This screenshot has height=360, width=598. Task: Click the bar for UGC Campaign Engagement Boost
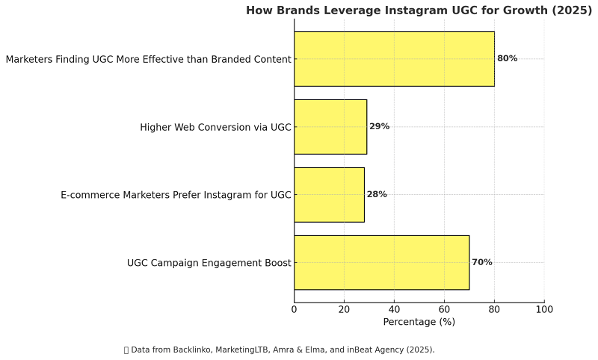tap(381, 262)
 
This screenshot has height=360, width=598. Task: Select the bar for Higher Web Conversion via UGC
tap(330, 126)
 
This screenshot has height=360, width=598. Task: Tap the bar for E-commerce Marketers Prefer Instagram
tap(329, 194)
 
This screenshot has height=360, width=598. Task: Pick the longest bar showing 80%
tap(394, 58)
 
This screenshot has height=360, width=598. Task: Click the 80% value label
tap(507, 58)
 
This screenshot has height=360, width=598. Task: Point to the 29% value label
tap(379, 126)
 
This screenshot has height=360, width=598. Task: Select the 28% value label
tap(377, 194)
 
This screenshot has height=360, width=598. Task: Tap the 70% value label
tap(481, 262)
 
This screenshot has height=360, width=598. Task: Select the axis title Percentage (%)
tap(419, 322)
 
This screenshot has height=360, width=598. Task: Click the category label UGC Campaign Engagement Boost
tap(209, 263)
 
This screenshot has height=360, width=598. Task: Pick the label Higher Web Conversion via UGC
tap(215, 127)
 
